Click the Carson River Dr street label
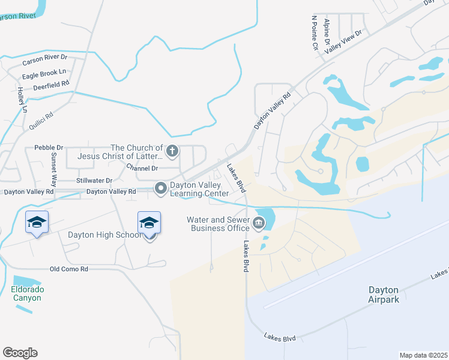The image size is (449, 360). [45, 60]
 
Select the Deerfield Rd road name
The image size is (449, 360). [51, 85]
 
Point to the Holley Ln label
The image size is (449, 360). [21, 100]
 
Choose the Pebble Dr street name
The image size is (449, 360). [49, 147]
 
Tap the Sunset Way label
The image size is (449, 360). [53, 170]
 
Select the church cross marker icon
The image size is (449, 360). [172, 151]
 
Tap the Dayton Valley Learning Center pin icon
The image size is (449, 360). [161, 188]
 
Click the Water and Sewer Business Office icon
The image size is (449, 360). [259, 224]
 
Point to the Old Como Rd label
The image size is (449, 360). [68, 269]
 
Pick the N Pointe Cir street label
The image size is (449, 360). [313, 33]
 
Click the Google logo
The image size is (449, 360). [20, 353]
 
